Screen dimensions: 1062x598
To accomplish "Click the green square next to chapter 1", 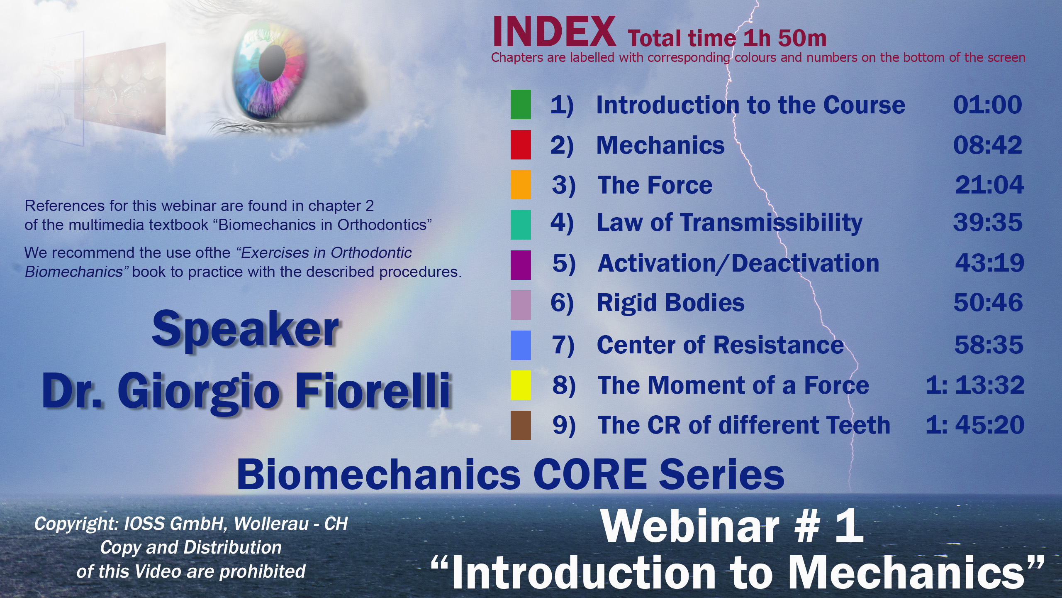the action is pyautogui.click(x=521, y=105).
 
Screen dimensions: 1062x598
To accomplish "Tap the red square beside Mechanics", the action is pyautogui.click(x=521, y=145).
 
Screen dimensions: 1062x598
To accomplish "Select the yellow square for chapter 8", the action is pyautogui.click(x=521, y=385).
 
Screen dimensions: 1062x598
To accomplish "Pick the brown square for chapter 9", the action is pyautogui.click(x=521, y=425).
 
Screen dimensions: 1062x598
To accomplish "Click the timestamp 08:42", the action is pyautogui.click(x=988, y=145).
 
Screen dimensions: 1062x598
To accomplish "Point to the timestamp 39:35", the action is pyautogui.click(x=988, y=223).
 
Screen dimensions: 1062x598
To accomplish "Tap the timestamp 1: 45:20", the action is pyautogui.click(x=975, y=425).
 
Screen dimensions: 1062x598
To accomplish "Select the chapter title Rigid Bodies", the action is pyautogui.click(x=670, y=302).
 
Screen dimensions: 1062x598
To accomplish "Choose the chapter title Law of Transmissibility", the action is pyautogui.click(x=729, y=223).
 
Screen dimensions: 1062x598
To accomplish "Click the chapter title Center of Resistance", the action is pyautogui.click(x=720, y=345).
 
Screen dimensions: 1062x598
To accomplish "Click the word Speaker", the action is pyautogui.click(x=245, y=330).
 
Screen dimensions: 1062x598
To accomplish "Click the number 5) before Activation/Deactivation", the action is pyautogui.click(x=564, y=263).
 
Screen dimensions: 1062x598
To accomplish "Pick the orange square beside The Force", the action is pyautogui.click(x=521, y=185).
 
